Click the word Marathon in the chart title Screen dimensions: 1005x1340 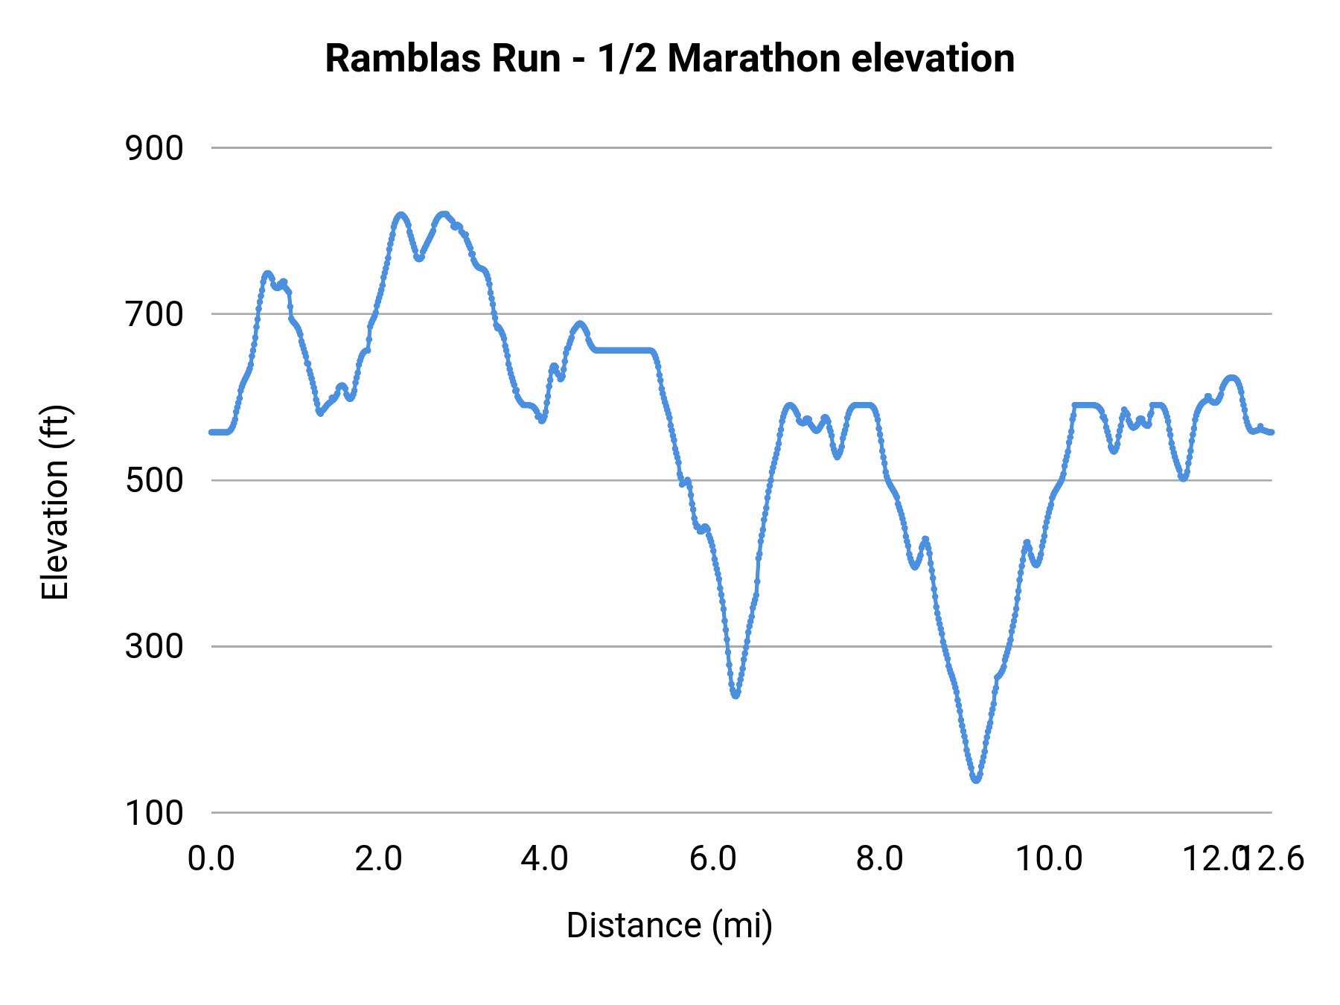coord(754,59)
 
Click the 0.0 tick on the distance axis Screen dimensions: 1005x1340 coord(211,858)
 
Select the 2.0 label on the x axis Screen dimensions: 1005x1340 coord(378,858)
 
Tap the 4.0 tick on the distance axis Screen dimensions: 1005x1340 coord(544,858)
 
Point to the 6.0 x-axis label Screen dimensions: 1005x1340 coord(712,858)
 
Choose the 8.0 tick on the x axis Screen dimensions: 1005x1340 coord(879,858)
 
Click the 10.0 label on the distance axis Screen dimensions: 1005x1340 coord(1049,858)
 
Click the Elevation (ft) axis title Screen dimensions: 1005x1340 coord(55,502)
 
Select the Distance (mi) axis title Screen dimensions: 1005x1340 coord(669,925)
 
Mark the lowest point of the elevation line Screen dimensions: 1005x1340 coord(976,779)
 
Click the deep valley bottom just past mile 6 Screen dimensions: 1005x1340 coord(736,695)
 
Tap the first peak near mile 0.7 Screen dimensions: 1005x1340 coord(267,273)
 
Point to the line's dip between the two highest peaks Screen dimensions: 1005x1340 coord(419,258)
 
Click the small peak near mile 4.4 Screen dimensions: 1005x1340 coord(580,324)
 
